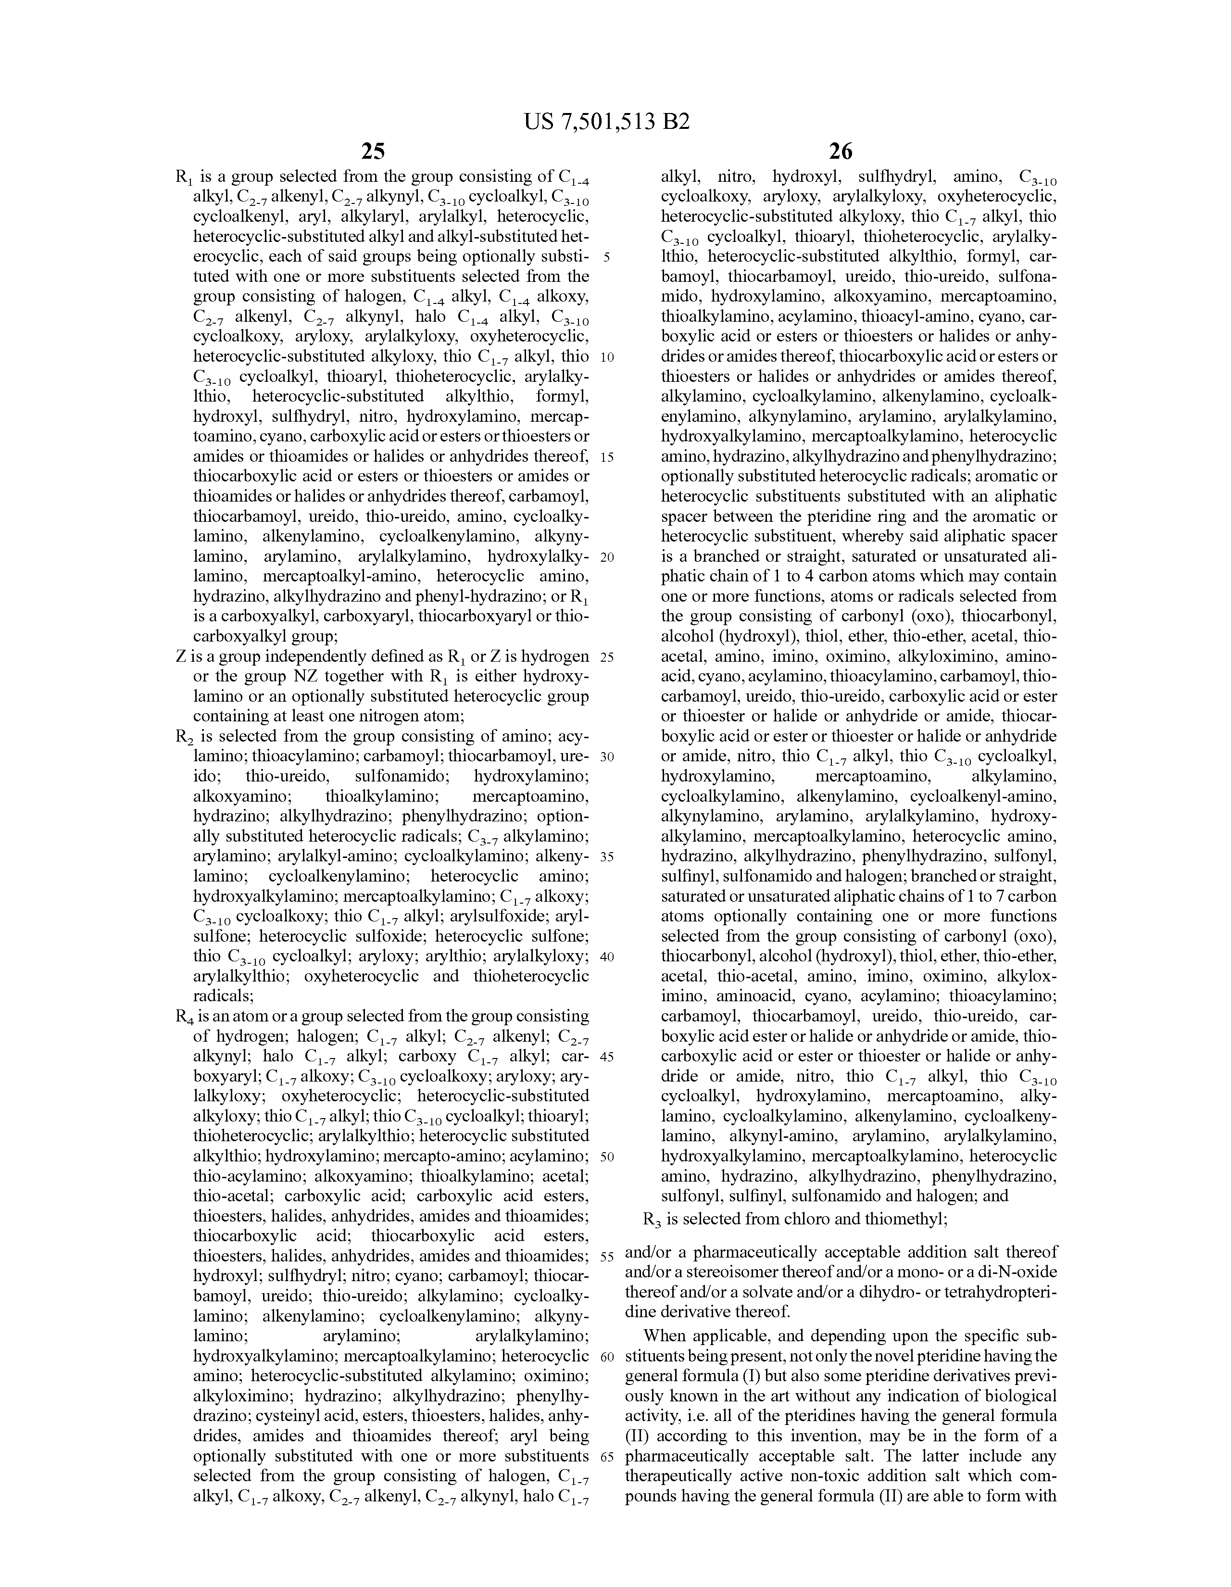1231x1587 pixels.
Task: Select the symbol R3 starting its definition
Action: point(652,1219)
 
